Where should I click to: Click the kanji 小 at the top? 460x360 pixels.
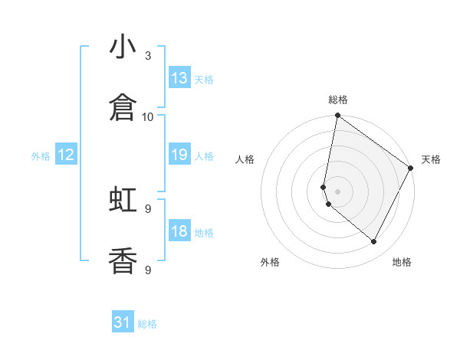click(x=123, y=47)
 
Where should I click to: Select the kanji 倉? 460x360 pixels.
click(x=123, y=108)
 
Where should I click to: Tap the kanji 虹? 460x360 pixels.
click(x=123, y=200)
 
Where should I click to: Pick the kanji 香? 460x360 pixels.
click(x=123, y=261)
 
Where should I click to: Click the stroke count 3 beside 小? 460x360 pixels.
click(x=148, y=56)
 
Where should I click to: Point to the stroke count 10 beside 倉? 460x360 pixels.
click(x=148, y=117)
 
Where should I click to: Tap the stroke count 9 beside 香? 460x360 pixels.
click(x=148, y=270)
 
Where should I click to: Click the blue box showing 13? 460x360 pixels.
click(x=179, y=78)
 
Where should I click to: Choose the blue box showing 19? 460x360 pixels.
click(x=179, y=155)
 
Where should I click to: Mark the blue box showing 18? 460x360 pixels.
click(x=179, y=231)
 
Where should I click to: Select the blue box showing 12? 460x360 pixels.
click(x=66, y=155)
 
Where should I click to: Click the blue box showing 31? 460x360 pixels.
click(x=123, y=322)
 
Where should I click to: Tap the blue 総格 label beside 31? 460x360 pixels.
click(x=148, y=324)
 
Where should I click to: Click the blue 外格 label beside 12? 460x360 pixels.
click(x=41, y=156)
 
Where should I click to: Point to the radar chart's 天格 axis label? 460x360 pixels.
click(x=431, y=159)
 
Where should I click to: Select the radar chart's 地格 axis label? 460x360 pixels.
click(x=402, y=262)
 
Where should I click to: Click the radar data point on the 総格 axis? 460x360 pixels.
click(x=337, y=116)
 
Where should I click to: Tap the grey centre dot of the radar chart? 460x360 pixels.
click(x=337, y=191)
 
